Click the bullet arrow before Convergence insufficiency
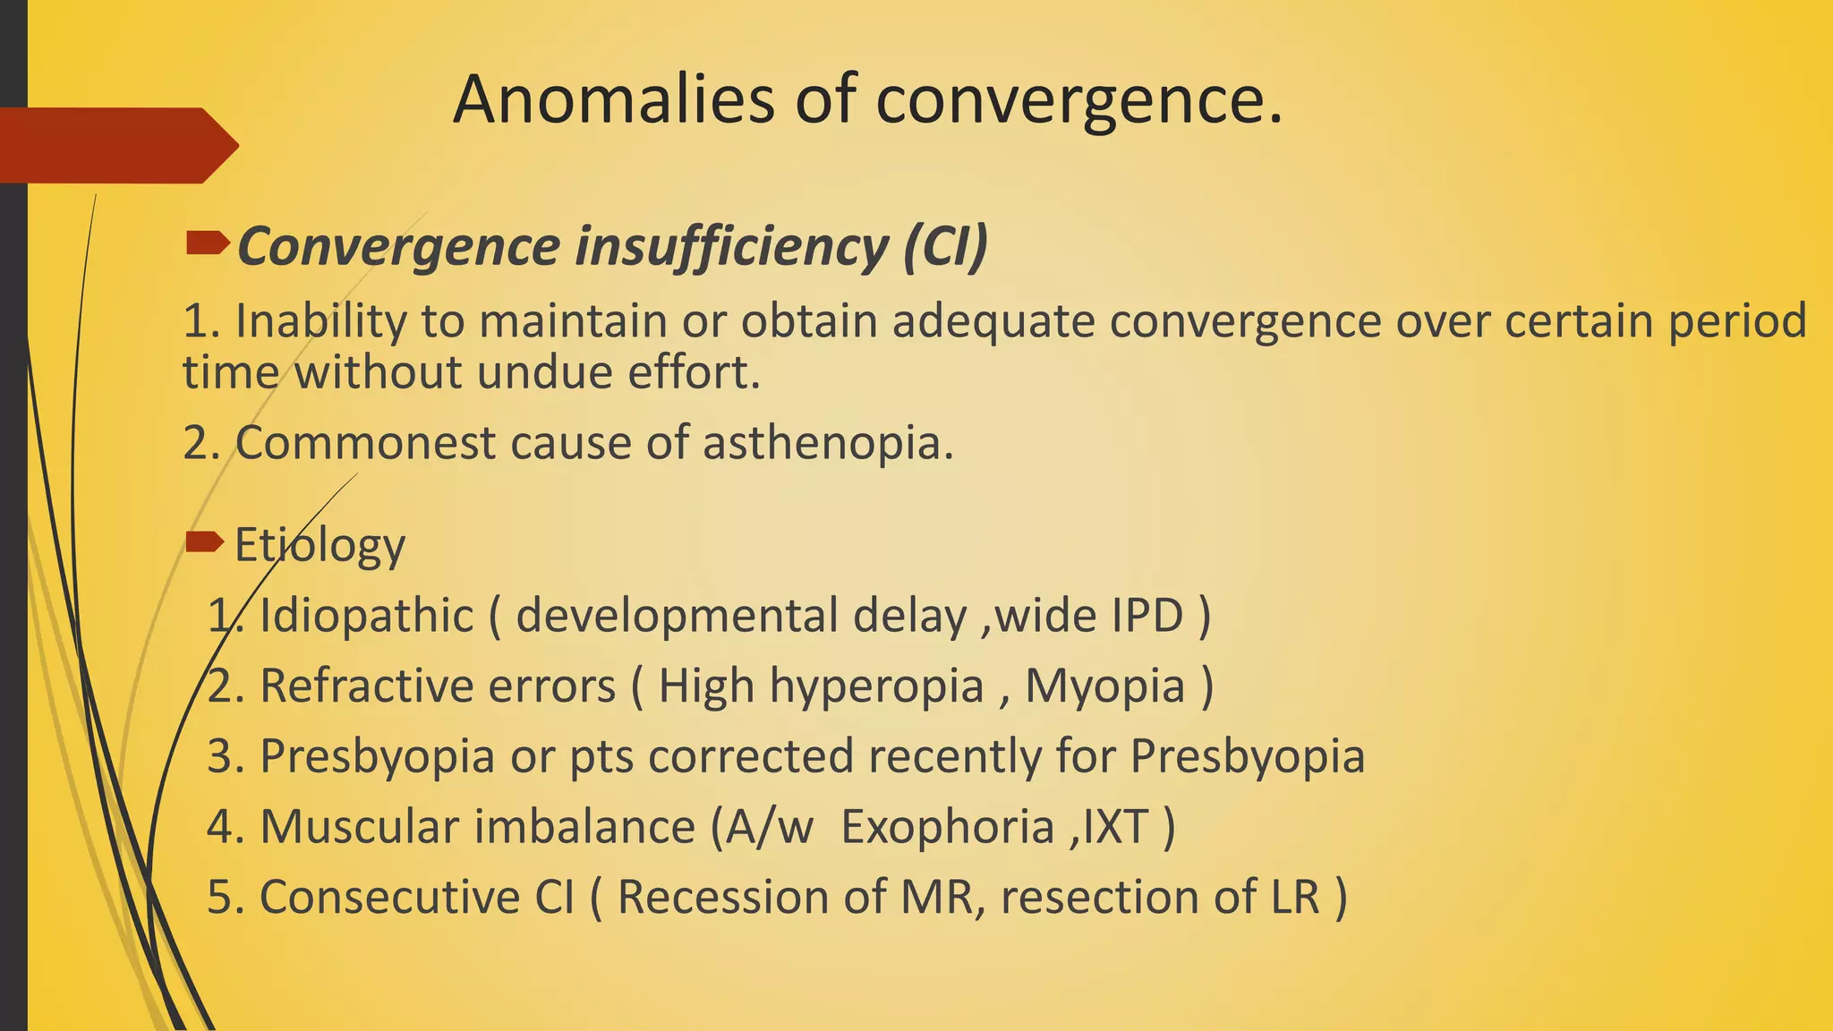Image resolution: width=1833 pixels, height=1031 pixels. (x=208, y=243)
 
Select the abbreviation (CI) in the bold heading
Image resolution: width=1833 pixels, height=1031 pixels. (x=945, y=246)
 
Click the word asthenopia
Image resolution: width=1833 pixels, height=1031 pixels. (x=827, y=443)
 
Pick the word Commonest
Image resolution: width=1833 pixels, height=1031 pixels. (x=365, y=443)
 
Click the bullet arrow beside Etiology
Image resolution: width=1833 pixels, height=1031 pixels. (x=205, y=541)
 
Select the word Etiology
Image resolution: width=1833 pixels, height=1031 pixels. (x=320, y=546)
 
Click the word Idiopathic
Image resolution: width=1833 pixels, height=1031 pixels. (x=366, y=616)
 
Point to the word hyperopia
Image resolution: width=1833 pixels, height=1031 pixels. (x=876, y=686)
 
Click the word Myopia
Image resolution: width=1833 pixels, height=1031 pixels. (x=1104, y=686)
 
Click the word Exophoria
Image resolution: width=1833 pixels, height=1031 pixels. (x=947, y=826)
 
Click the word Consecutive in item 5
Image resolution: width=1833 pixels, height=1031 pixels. (x=389, y=897)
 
